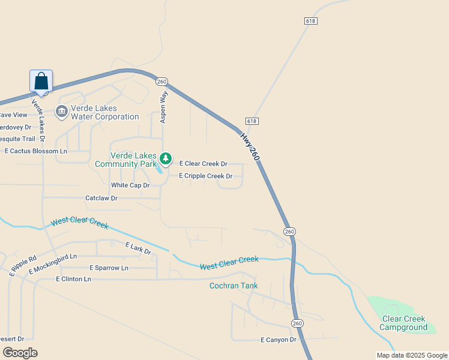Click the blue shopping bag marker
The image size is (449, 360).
pyautogui.click(x=41, y=81)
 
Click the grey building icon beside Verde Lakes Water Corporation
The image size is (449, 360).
pyautogui.click(x=61, y=112)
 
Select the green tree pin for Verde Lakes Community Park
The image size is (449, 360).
pyautogui.click(x=166, y=159)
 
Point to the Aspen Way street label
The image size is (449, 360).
pyautogui.click(x=163, y=107)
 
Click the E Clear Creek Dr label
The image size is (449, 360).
pyautogui.click(x=203, y=164)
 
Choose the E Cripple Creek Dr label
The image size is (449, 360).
pyautogui.click(x=205, y=176)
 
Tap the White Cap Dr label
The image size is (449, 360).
pyautogui.click(x=126, y=185)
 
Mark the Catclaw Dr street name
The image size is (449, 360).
pyautogui.click(x=101, y=198)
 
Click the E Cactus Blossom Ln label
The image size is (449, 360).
pyautogui.click(x=36, y=151)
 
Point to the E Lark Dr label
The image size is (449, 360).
pyautogui.click(x=138, y=248)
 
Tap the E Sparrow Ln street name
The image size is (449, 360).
pyautogui.click(x=109, y=268)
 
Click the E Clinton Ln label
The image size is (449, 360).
pyautogui.click(x=73, y=279)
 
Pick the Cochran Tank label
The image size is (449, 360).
pyautogui.click(x=234, y=286)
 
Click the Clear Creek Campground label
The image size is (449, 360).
pyautogui.click(x=403, y=323)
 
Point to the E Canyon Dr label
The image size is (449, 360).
pyautogui.click(x=279, y=340)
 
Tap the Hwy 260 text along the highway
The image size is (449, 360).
pyautogui.click(x=250, y=146)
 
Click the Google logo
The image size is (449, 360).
pyautogui.click(x=20, y=352)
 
